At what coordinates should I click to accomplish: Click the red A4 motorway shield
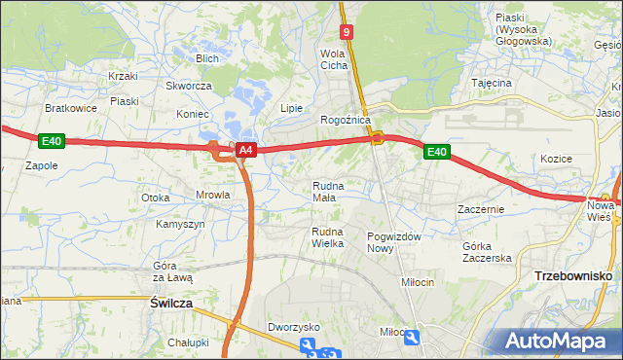tap(246, 150)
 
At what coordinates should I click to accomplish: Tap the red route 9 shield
tap(348, 32)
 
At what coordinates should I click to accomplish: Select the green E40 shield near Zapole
tap(52, 142)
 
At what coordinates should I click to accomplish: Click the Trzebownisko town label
tap(573, 276)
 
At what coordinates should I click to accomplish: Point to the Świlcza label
tap(171, 304)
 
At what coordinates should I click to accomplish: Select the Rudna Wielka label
tap(327, 236)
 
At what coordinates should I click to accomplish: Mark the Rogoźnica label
tap(346, 120)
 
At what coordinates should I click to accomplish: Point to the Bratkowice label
tap(71, 108)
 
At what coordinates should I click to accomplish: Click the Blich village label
tap(206, 58)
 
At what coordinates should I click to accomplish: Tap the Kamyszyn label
tap(180, 224)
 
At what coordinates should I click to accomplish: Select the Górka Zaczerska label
tap(487, 251)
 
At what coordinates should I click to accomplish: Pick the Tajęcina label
tap(492, 83)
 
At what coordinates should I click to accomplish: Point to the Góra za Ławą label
tap(173, 271)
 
